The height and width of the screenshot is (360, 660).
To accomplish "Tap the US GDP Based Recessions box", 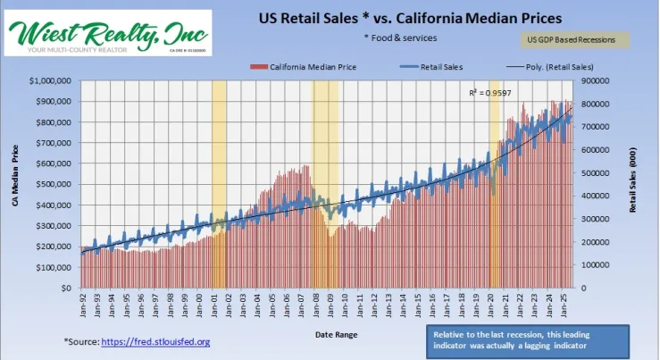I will click(x=574, y=40).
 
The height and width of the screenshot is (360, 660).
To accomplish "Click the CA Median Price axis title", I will click(x=16, y=184).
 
